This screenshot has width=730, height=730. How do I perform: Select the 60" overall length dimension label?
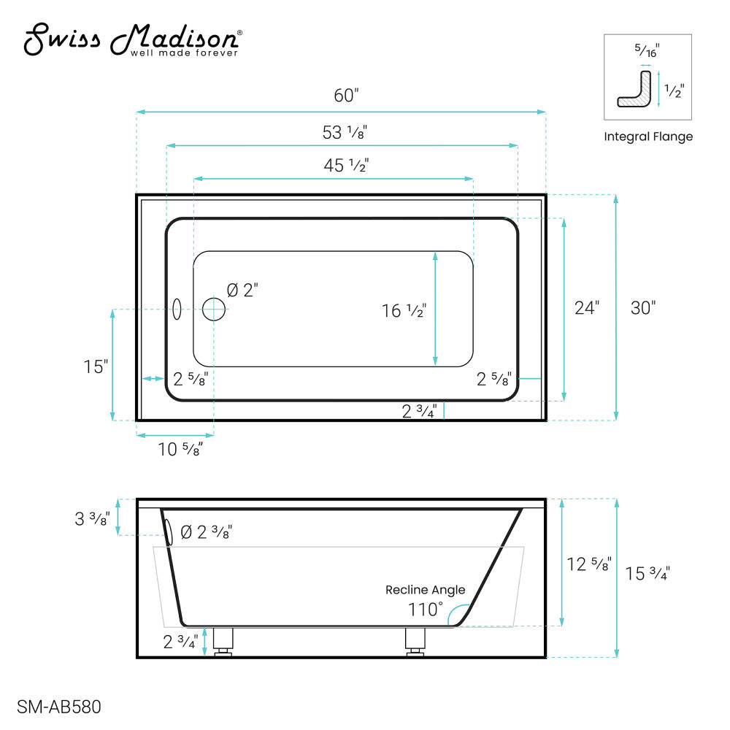(x=347, y=96)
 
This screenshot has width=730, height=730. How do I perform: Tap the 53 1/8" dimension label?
(x=344, y=132)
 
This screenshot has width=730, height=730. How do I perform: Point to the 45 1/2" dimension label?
(x=346, y=166)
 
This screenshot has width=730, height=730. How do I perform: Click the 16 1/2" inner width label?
(x=404, y=311)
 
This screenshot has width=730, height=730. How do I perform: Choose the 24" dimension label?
(x=586, y=308)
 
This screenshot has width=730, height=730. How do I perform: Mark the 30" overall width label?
(x=643, y=308)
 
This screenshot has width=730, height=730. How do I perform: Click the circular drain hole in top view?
(x=214, y=310)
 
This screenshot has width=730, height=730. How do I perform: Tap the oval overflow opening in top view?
(x=175, y=309)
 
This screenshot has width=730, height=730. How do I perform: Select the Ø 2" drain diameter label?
(x=242, y=290)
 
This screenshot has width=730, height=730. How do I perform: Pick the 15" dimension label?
(x=96, y=366)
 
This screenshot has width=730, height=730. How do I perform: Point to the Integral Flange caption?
(x=648, y=137)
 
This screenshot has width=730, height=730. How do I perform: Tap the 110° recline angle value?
(x=426, y=608)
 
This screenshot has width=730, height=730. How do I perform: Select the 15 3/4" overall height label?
(x=648, y=574)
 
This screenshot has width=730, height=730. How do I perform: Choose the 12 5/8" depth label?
(x=589, y=564)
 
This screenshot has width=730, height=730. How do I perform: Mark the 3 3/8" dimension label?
(x=92, y=519)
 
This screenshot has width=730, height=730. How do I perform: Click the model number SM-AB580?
(x=58, y=707)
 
